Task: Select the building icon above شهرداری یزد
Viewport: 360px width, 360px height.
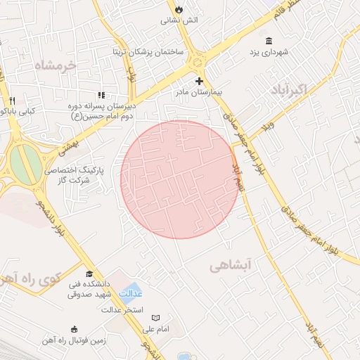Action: tap(269, 40)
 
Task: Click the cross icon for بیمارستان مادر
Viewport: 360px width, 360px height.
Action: tap(199, 80)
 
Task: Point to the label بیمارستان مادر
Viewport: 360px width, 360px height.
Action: tap(198, 92)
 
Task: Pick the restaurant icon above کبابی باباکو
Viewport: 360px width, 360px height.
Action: tap(12, 100)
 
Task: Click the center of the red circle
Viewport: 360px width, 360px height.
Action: tap(179, 179)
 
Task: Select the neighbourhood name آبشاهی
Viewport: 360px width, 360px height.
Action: tap(230, 265)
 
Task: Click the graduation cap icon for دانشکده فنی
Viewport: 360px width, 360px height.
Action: tap(89, 274)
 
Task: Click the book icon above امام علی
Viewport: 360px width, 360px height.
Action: tap(155, 318)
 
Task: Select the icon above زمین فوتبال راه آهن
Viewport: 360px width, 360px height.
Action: tap(75, 328)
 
